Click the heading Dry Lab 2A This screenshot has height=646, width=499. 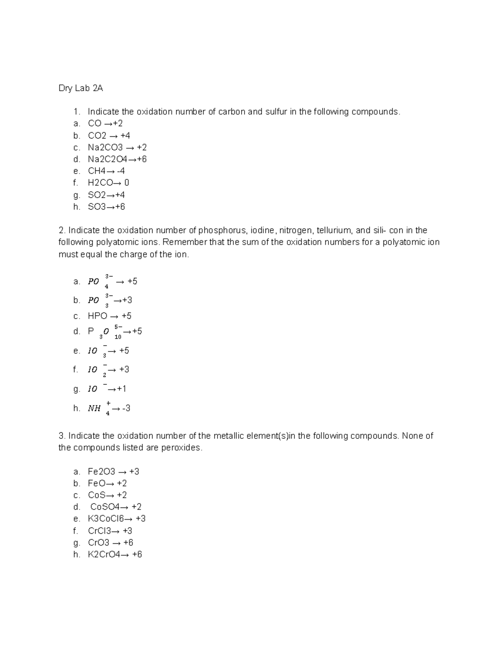[x=81, y=88]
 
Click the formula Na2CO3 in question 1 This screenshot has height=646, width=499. [x=105, y=147]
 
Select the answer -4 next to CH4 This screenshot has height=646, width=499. [x=121, y=171]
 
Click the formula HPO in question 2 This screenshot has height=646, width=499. [x=97, y=316]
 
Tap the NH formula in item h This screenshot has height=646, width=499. [x=94, y=408]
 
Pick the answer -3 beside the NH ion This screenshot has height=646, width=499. [x=126, y=408]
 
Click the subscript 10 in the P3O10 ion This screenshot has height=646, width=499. [x=118, y=337]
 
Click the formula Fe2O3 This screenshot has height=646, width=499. [x=101, y=471]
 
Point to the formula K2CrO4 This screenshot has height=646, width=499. [x=104, y=554]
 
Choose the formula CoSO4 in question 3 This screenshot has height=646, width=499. [x=105, y=507]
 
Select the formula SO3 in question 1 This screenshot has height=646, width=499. [x=97, y=207]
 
